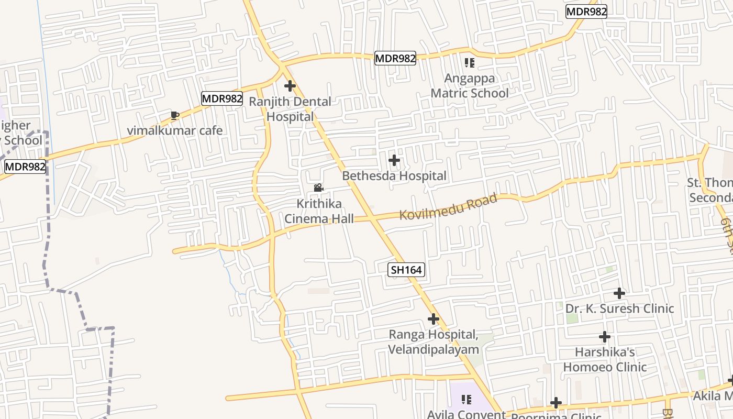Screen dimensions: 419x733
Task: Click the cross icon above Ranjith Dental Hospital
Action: (x=290, y=85)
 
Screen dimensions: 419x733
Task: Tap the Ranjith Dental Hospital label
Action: (x=290, y=109)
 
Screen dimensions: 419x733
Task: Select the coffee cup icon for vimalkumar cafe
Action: (x=175, y=115)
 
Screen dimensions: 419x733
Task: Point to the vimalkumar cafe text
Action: (x=175, y=130)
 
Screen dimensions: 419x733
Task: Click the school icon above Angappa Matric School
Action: (x=470, y=63)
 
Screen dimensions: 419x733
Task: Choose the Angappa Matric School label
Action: (x=470, y=86)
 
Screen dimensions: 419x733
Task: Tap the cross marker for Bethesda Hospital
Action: (x=394, y=160)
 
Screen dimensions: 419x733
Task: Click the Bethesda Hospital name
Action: (x=394, y=176)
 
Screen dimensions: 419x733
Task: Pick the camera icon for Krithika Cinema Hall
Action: (x=318, y=188)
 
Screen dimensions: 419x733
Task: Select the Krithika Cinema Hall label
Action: (x=319, y=211)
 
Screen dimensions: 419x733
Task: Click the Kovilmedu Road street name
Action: (x=448, y=207)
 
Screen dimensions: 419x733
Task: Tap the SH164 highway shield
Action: (x=406, y=270)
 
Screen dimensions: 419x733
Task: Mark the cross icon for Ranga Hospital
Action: (x=434, y=318)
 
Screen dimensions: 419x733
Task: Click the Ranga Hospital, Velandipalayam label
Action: (x=434, y=342)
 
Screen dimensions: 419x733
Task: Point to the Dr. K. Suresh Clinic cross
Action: (x=619, y=293)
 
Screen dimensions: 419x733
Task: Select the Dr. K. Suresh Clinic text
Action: (x=619, y=308)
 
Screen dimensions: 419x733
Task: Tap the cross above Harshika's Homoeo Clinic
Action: (x=605, y=337)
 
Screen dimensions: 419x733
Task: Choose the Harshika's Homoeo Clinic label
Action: (x=605, y=359)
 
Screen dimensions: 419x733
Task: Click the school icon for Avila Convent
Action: (x=466, y=400)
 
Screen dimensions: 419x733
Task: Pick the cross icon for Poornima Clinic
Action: (x=556, y=403)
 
